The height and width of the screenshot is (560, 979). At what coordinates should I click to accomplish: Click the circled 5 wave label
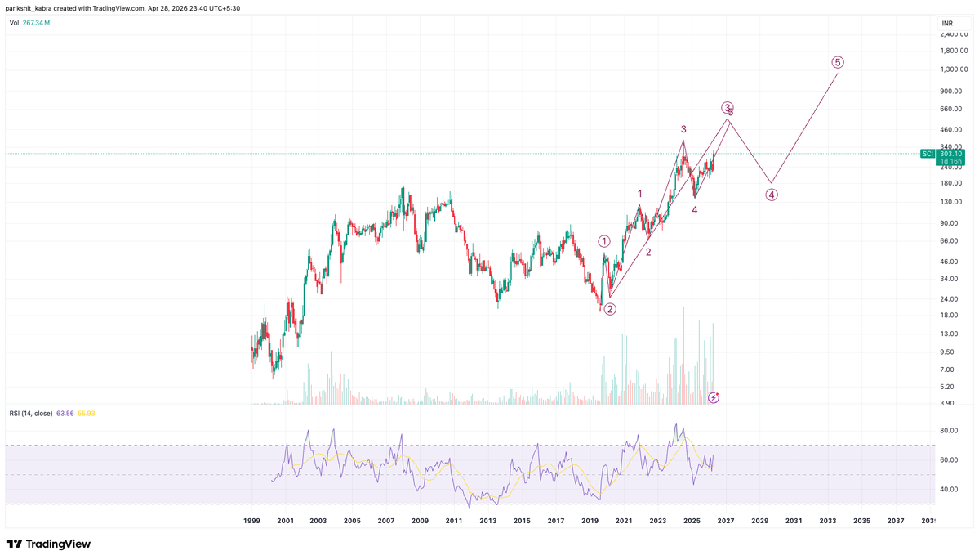click(838, 62)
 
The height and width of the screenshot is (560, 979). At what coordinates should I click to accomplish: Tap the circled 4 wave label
click(772, 195)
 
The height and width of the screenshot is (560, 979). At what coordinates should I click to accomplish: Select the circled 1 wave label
click(604, 241)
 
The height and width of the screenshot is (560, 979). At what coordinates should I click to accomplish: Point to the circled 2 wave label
click(610, 309)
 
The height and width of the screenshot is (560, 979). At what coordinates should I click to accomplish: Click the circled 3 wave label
click(727, 107)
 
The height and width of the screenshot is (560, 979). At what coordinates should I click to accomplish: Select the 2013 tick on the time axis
click(487, 521)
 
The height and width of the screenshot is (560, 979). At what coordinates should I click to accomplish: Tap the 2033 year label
click(828, 521)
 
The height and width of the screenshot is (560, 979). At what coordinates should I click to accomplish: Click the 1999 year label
click(251, 521)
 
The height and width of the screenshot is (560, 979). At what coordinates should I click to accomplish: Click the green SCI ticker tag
click(928, 154)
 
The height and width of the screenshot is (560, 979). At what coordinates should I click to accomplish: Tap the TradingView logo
click(49, 544)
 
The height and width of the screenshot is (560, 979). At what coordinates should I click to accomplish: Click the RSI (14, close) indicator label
click(31, 413)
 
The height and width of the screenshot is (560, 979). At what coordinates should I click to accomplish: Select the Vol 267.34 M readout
click(29, 23)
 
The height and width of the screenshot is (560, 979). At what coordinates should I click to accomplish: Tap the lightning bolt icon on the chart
click(714, 397)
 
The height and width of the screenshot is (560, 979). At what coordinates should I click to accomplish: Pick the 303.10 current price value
click(950, 154)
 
